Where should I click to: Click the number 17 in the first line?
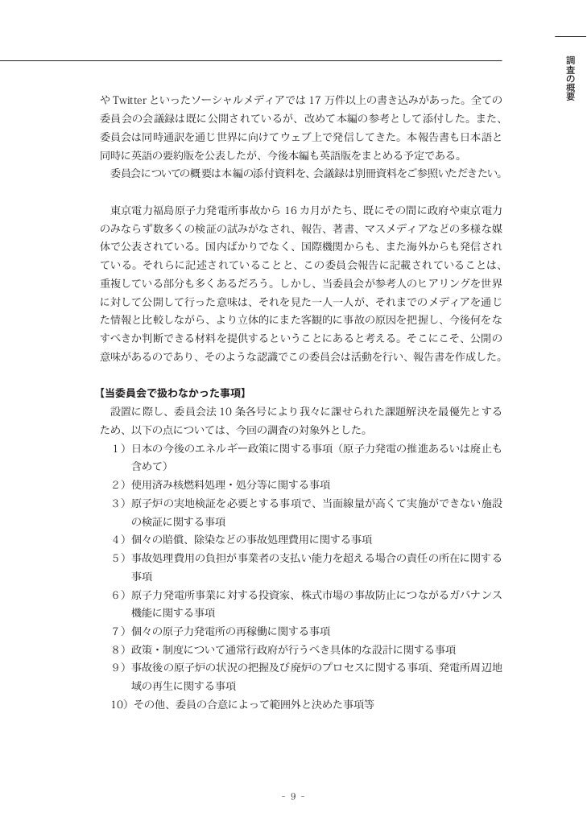(316, 100)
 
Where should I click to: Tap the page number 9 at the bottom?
(294, 797)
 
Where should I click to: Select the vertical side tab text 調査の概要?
(570, 79)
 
